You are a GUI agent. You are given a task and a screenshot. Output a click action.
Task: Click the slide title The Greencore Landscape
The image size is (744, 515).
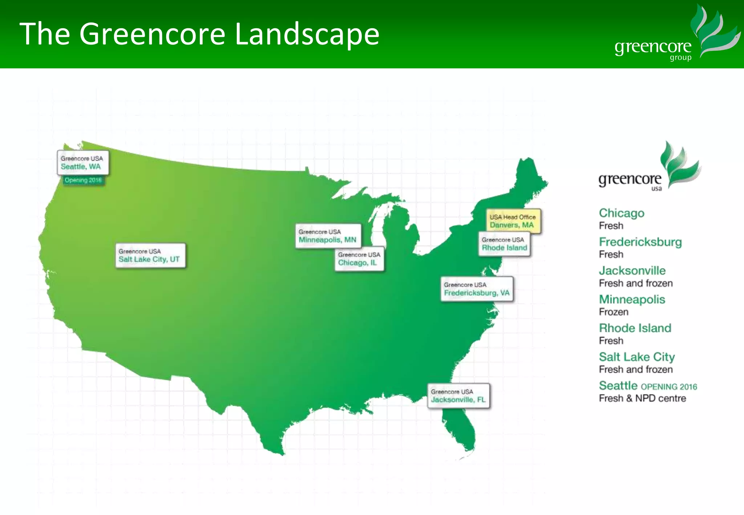point(199,34)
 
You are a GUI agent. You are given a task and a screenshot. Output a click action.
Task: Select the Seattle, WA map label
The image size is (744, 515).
point(83,163)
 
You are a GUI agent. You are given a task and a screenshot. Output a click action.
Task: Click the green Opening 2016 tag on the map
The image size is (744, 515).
point(83,180)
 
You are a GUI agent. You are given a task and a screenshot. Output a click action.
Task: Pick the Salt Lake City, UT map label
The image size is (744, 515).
point(150,256)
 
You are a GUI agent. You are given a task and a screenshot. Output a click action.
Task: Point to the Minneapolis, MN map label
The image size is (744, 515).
point(328,236)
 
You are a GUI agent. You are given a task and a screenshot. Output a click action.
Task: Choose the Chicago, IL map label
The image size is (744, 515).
point(359,259)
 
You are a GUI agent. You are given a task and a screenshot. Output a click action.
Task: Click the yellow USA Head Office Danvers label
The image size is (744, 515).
point(513,221)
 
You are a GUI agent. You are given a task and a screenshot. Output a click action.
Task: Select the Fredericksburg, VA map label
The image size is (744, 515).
point(477,289)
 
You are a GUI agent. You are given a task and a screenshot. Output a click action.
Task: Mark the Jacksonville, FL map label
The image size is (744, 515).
point(458,396)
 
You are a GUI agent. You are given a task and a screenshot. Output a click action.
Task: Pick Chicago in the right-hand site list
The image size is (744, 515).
point(622,213)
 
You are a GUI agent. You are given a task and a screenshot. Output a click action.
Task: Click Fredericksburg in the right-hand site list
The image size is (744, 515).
point(640,242)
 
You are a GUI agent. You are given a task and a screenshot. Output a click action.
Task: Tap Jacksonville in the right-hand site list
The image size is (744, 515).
point(632,271)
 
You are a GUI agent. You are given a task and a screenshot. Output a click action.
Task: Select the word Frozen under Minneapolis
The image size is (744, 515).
point(614,312)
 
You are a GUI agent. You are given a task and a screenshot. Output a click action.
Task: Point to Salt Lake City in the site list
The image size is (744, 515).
point(637,357)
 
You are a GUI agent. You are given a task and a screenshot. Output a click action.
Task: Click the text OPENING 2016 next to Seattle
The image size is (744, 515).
point(669,387)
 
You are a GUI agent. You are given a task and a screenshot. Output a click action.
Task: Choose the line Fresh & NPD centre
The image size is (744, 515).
point(642,398)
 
